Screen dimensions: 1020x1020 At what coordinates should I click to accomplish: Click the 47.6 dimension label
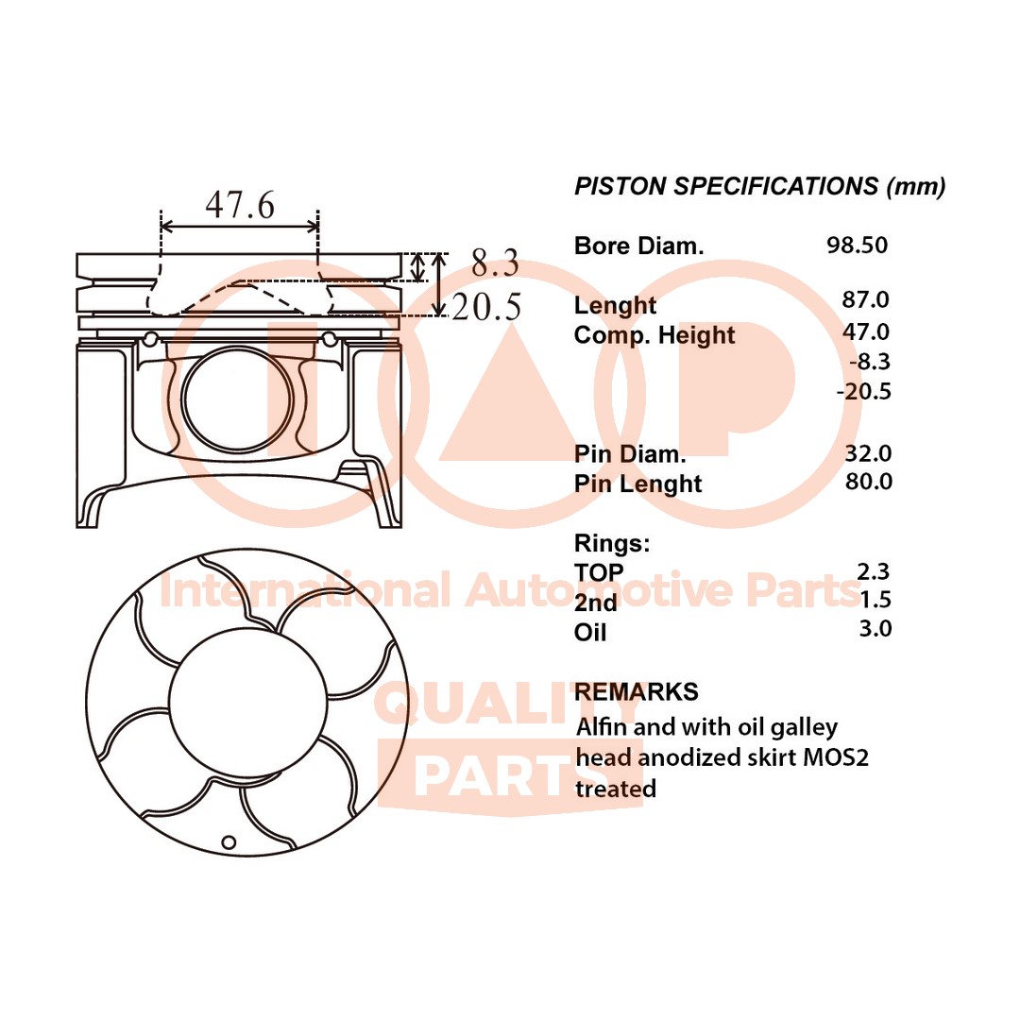(240, 204)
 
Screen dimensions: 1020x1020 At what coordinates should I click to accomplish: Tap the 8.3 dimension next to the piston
(496, 263)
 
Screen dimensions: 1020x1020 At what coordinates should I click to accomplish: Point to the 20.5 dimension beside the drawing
(486, 307)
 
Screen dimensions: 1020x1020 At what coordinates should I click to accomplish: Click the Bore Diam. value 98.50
(857, 245)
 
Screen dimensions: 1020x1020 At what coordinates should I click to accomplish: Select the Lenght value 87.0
(866, 300)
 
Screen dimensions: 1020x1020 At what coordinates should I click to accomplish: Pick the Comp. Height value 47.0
(866, 331)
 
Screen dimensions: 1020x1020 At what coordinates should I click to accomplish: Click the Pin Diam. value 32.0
(868, 453)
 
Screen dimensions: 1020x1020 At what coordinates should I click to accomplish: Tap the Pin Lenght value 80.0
(868, 482)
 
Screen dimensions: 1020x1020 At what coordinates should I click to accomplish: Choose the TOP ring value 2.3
(874, 570)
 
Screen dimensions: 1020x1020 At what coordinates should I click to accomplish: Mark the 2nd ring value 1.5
(875, 600)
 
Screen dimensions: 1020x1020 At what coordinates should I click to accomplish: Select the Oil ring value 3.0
(874, 629)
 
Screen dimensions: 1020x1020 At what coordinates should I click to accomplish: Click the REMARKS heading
(637, 691)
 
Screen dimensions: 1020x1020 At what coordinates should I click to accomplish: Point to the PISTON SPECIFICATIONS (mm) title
(759, 186)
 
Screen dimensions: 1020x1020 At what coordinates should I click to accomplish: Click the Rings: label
(612, 543)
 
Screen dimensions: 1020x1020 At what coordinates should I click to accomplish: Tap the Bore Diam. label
(639, 246)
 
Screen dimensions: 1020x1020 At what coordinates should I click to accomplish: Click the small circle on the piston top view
(228, 841)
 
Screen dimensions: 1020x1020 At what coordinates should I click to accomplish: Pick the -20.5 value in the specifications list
(864, 391)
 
